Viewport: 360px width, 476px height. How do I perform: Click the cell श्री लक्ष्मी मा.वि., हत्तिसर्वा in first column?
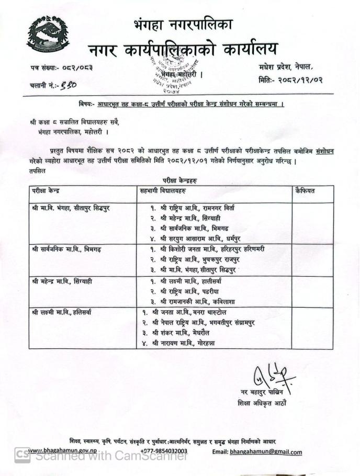62,312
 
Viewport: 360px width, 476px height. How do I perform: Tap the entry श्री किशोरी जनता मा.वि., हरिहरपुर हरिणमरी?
212,249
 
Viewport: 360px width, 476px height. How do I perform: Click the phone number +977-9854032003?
164,451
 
